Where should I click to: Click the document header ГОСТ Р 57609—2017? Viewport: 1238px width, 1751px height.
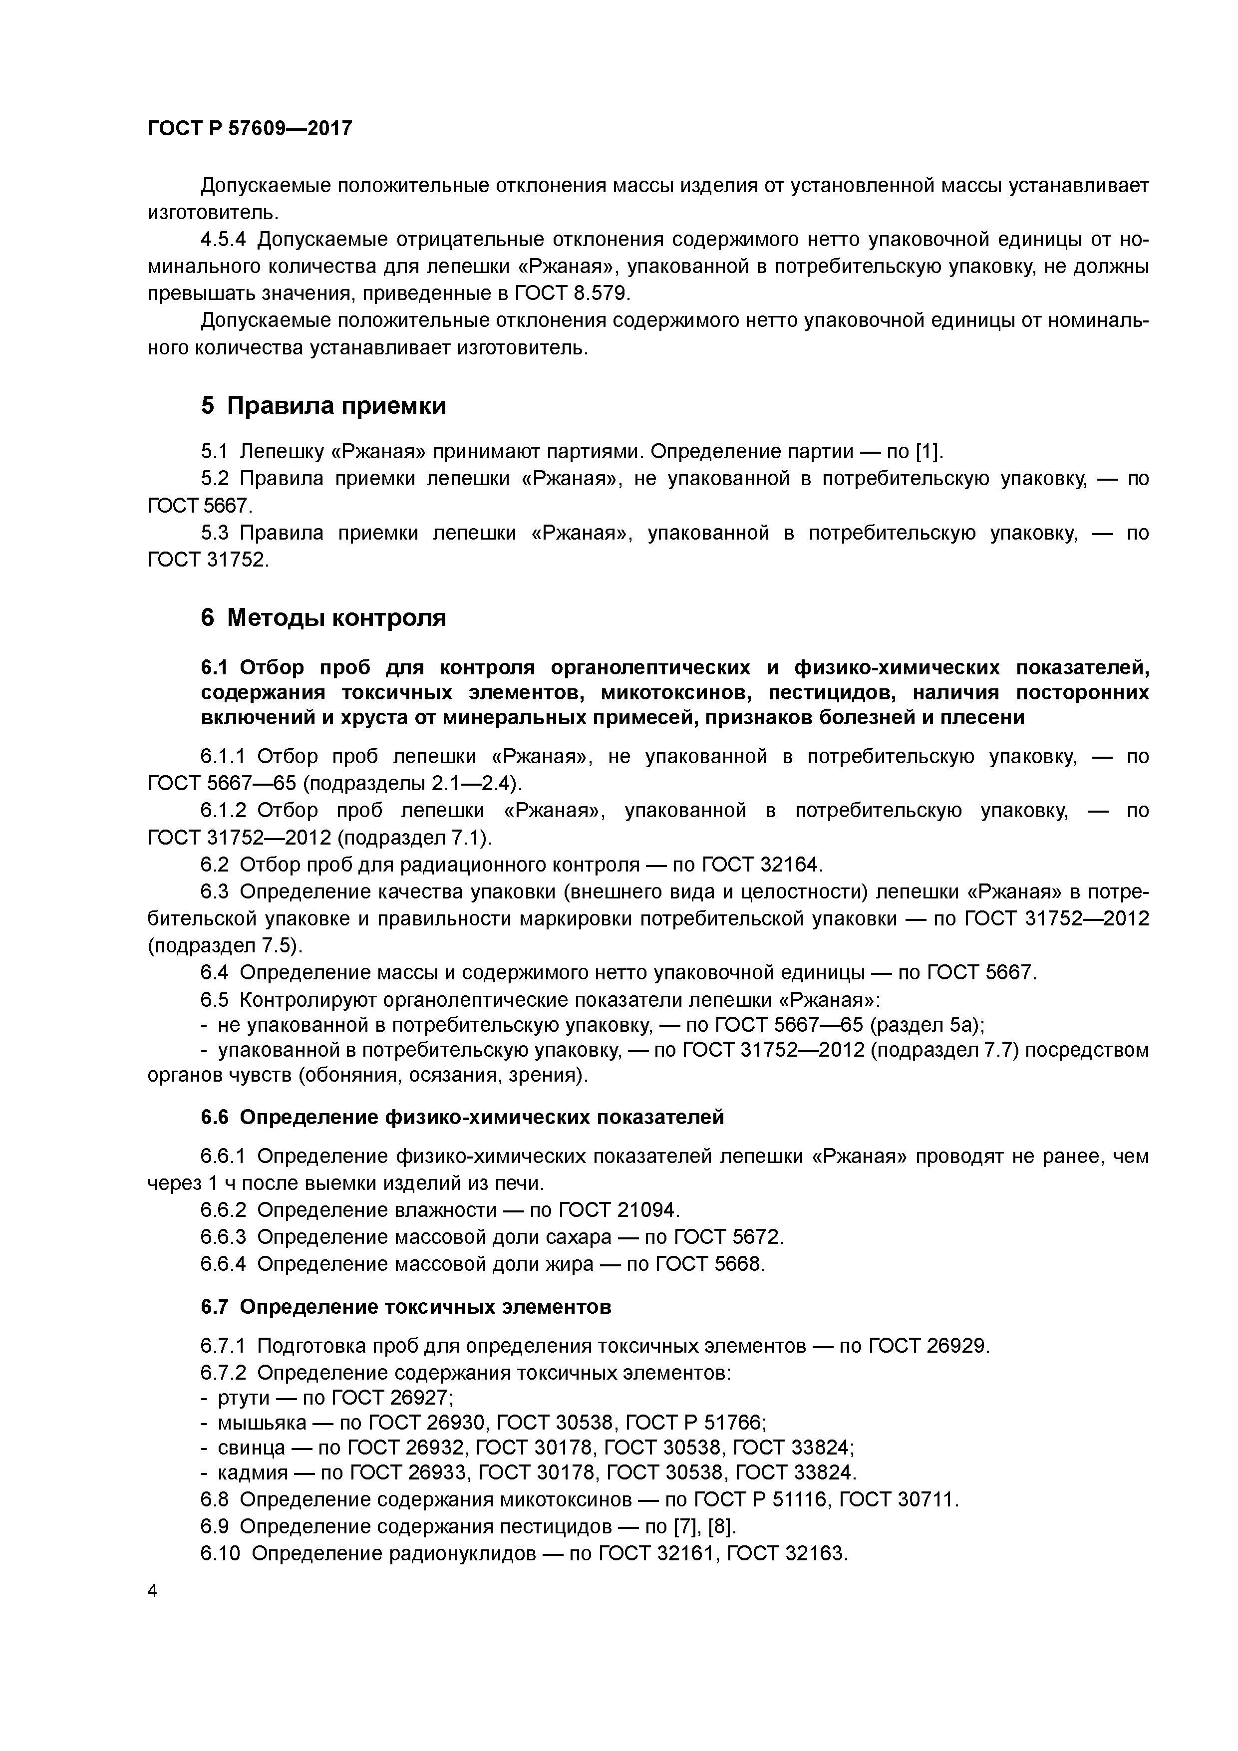[x=250, y=128]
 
